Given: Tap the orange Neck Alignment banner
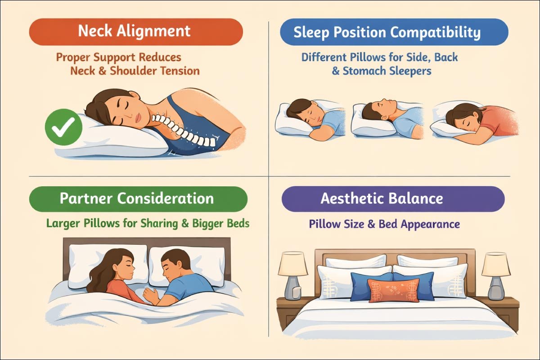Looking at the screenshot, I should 135,31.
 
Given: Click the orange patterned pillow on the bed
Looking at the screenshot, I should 393,290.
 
